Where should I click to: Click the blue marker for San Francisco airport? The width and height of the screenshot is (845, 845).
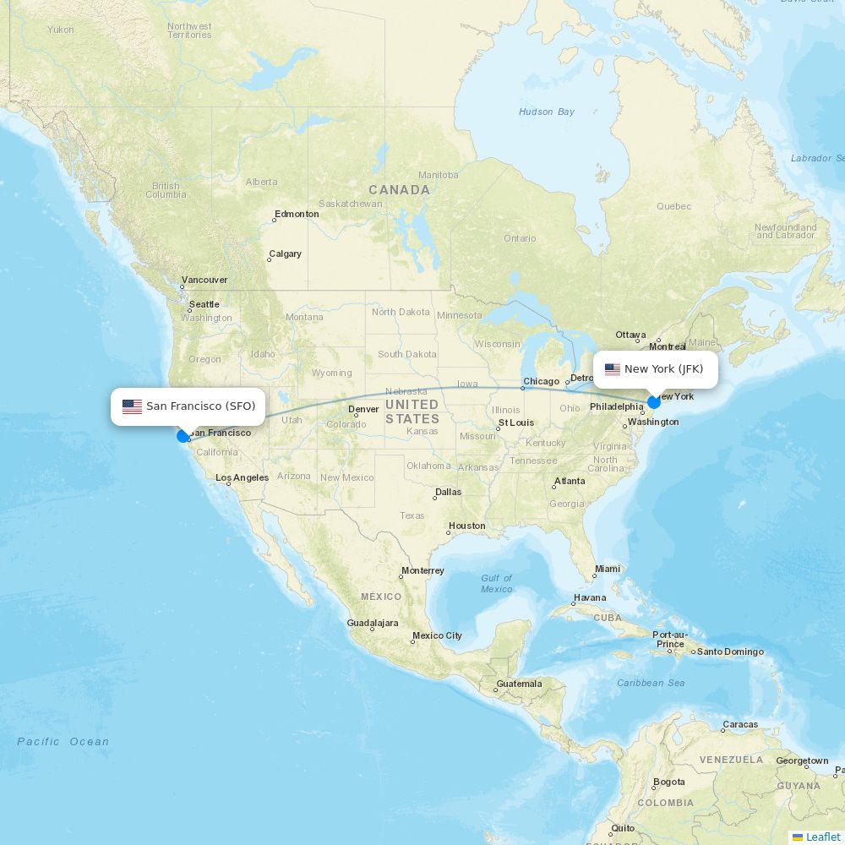(x=183, y=436)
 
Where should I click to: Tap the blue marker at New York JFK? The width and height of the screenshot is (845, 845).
(x=654, y=402)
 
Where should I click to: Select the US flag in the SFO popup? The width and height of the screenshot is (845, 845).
(x=132, y=406)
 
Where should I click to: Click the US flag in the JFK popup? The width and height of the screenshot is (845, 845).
(x=613, y=369)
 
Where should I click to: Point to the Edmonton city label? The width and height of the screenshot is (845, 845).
(x=297, y=214)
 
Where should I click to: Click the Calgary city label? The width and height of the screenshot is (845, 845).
(x=285, y=253)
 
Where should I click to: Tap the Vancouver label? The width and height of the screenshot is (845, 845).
(x=204, y=280)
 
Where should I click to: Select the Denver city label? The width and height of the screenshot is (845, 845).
(x=363, y=409)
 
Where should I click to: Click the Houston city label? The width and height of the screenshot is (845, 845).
(x=467, y=526)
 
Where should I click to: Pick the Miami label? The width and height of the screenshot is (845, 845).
(x=607, y=569)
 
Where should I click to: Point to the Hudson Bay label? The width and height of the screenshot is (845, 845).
(x=546, y=112)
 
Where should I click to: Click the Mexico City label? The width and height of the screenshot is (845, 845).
(x=437, y=635)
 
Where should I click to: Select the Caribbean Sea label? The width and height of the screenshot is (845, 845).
(x=651, y=683)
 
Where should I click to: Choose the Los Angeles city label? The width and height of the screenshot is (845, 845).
(x=242, y=477)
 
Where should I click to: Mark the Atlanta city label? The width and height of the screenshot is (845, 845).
(x=570, y=481)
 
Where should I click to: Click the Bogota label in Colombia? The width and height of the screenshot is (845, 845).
(x=669, y=782)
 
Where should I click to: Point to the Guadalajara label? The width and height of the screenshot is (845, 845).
(x=373, y=623)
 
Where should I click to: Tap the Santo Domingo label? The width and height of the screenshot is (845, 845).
(x=730, y=651)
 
